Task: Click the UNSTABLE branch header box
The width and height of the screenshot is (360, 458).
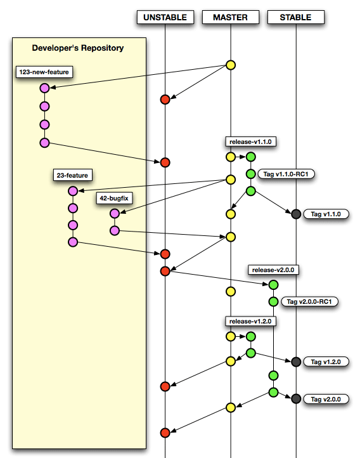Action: tap(165, 17)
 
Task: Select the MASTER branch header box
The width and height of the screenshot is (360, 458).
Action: tap(231, 17)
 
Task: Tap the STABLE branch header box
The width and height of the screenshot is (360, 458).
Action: tap(296, 17)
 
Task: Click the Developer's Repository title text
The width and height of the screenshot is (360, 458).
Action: tap(78, 48)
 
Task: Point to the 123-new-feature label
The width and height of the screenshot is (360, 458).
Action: tap(44, 72)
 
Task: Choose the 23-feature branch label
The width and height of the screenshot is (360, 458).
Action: tap(73, 175)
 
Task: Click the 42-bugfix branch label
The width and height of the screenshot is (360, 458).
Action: tap(114, 199)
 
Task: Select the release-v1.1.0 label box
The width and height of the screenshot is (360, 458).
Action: tap(250, 141)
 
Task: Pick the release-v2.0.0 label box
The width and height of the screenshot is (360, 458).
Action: tap(273, 270)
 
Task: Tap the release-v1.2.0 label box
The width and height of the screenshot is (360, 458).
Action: tap(250, 322)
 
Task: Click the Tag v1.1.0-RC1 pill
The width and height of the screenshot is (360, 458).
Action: tap(286, 174)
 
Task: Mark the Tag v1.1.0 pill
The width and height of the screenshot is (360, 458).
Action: tap(326, 214)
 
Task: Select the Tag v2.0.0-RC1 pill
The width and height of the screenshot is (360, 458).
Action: tap(309, 301)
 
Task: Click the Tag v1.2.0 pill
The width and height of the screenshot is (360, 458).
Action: tap(326, 362)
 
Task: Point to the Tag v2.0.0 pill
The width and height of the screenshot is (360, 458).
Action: tap(326, 399)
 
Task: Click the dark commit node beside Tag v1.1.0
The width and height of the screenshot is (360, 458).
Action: tap(296, 214)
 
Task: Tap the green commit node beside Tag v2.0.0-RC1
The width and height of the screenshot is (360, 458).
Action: tap(273, 301)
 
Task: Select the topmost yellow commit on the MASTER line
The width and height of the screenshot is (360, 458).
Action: tap(231, 65)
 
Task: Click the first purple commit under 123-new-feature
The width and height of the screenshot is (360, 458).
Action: tap(44, 88)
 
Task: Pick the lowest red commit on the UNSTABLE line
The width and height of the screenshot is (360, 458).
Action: tap(165, 433)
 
